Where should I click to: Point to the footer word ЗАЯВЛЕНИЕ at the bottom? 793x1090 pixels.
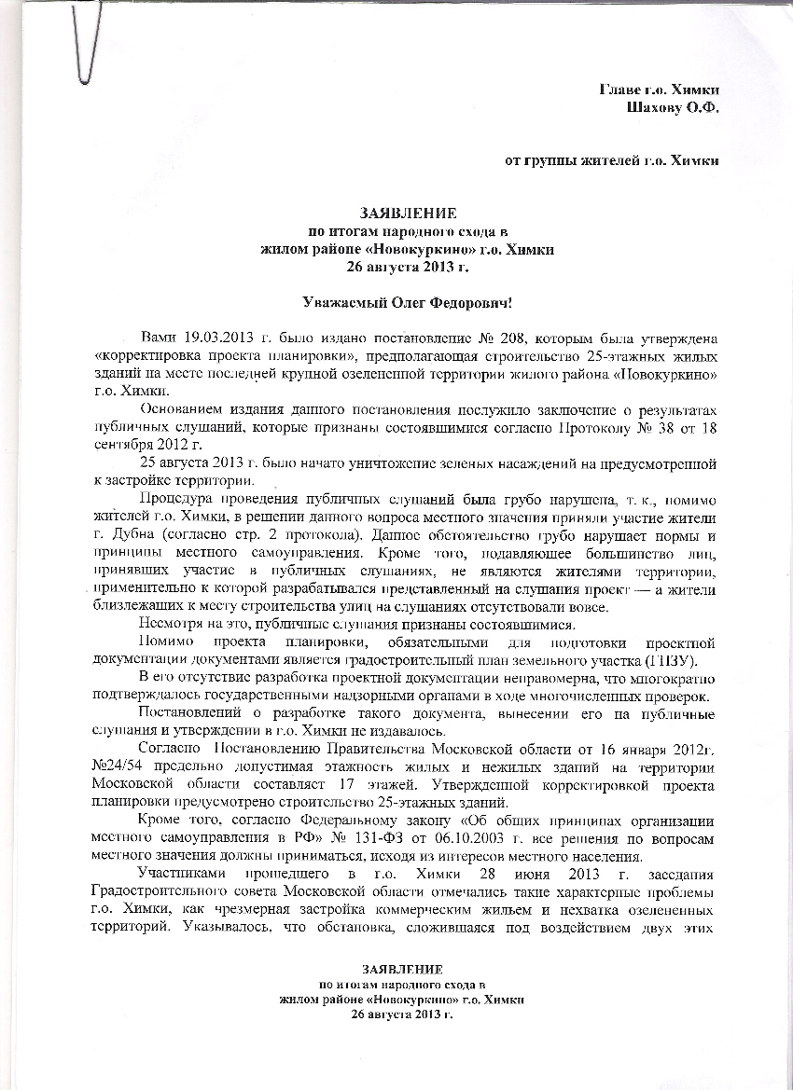(x=402, y=970)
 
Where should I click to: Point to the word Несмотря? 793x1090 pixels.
(x=170, y=625)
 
